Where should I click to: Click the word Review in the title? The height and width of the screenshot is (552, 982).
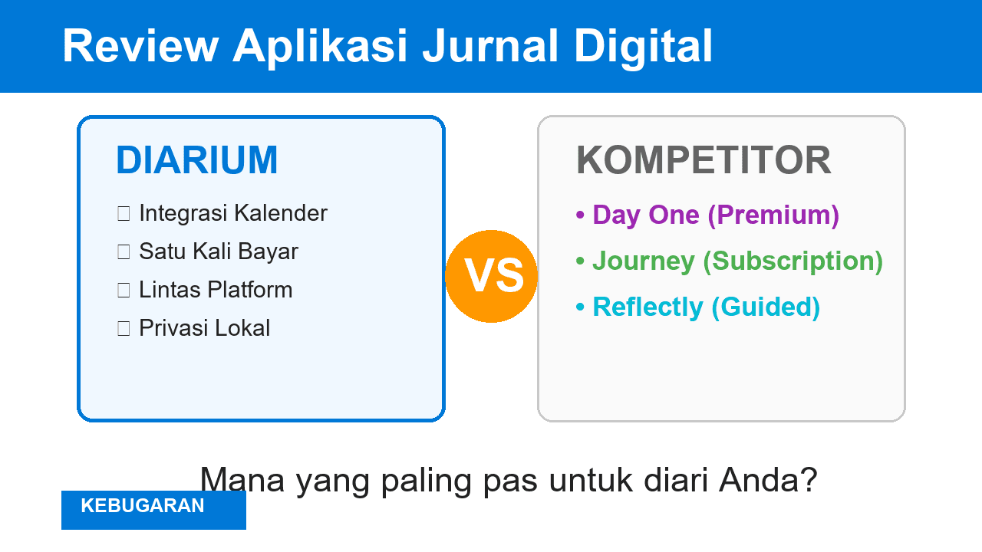pyautogui.click(x=140, y=46)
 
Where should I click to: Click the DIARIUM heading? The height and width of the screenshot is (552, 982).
pyautogui.click(x=196, y=161)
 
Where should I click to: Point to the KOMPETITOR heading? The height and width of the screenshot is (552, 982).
pyautogui.click(x=704, y=161)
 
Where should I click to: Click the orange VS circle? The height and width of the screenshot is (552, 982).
pyautogui.click(x=491, y=276)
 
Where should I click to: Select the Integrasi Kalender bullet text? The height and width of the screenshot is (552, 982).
pyautogui.click(x=233, y=213)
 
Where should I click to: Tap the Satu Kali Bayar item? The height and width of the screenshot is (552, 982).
pyautogui.click(x=219, y=251)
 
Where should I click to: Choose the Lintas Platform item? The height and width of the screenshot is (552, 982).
pyautogui.click(x=216, y=290)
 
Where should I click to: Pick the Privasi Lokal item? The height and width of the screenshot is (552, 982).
pyautogui.click(x=204, y=328)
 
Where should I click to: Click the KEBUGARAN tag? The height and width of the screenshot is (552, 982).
pyautogui.click(x=143, y=506)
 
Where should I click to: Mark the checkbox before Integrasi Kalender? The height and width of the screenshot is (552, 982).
pyautogui.click(x=124, y=214)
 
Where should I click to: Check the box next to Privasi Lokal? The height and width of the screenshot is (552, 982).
pyautogui.click(x=124, y=329)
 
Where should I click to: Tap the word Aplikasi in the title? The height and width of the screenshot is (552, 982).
pyautogui.click(x=320, y=46)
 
